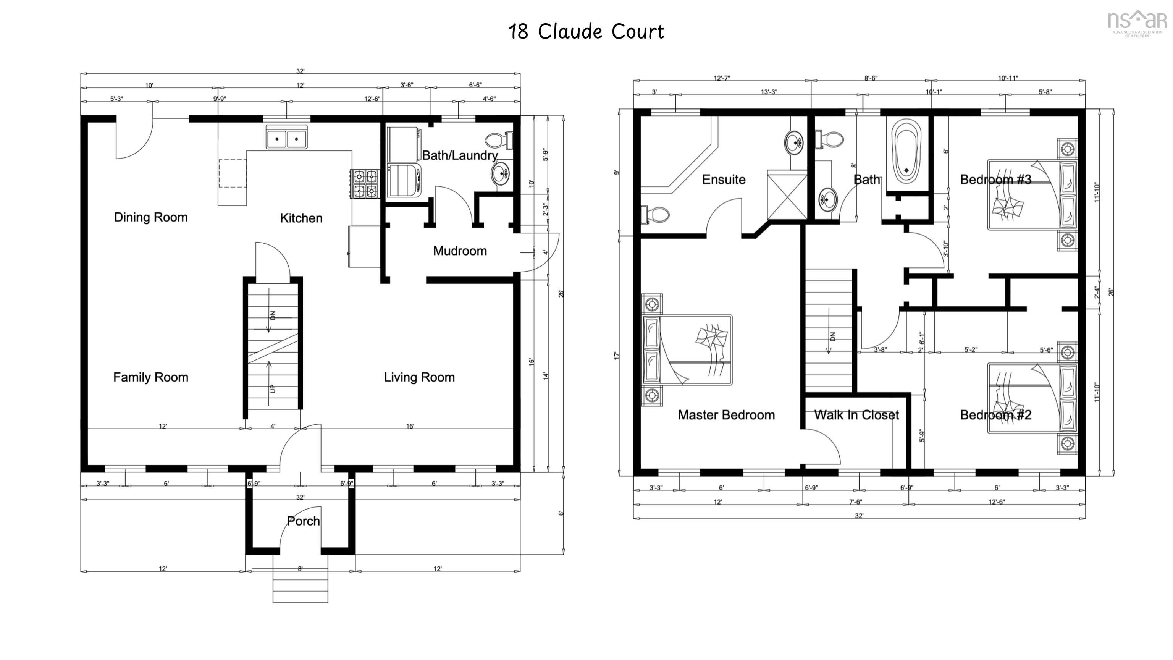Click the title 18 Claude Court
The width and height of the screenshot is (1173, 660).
click(586, 32)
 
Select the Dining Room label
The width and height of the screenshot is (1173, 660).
click(151, 217)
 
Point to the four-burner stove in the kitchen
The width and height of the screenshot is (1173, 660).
click(365, 184)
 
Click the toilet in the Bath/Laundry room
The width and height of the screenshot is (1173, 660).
click(499, 140)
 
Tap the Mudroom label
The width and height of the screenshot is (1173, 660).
click(459, 251)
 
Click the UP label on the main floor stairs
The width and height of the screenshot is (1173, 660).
click(273, 388)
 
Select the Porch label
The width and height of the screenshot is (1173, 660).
click(303, 521)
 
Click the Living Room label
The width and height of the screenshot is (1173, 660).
click(419, 377)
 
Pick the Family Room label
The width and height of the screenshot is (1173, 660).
click(151, 377)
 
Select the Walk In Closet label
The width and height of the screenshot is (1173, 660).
click(856, 415)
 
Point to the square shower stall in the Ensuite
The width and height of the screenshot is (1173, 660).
click(787, 195)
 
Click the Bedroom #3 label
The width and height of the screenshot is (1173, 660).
click(995, 180)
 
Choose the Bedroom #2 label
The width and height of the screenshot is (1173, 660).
click(995, 415)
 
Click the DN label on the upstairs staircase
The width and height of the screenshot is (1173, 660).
click(833, 336)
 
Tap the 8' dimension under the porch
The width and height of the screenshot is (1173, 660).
click(300, 568)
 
